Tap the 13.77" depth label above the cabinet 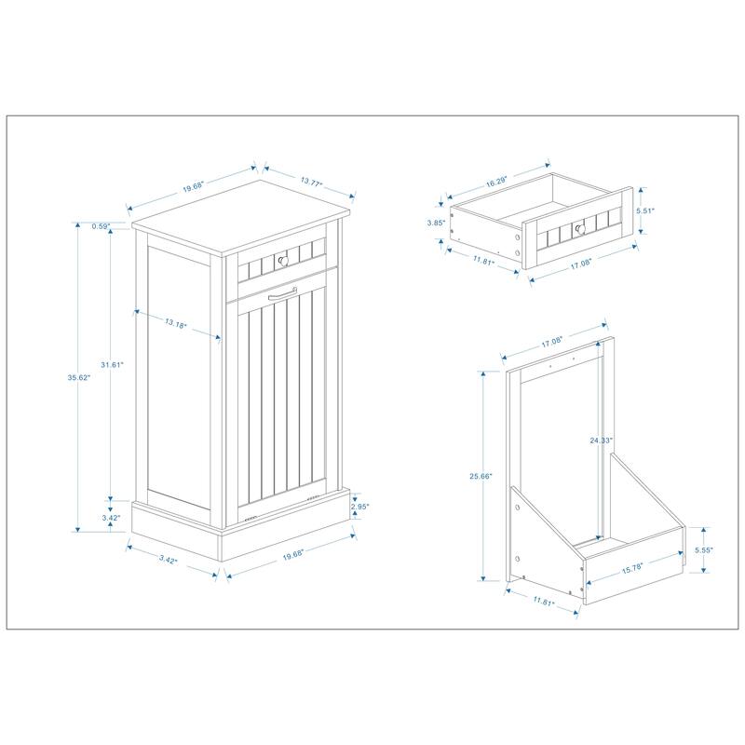(x=310, y=184)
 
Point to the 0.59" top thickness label (x=102, y=225)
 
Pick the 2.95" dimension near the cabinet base (x=360, y=507)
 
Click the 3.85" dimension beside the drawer (x=433, y=223)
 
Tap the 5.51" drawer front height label (x=646, y=211)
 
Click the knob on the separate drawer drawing (x=578, y=227)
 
